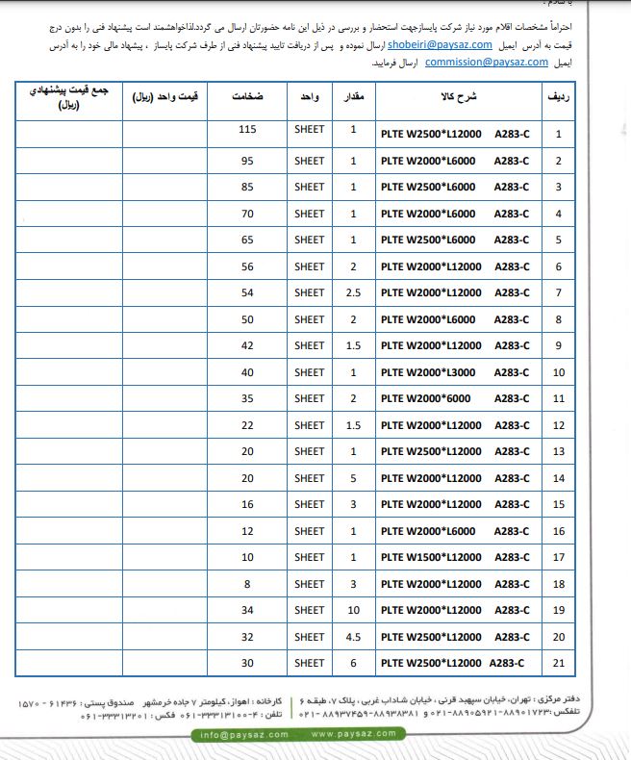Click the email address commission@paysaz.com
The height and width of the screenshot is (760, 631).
point(486,62)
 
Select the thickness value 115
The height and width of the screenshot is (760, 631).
point(247,129)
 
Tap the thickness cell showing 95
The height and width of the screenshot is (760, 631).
point(247,161)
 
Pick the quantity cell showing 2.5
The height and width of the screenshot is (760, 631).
point(353,292)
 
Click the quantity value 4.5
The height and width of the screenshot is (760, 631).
point(353,636)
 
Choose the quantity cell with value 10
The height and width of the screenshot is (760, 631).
point(353,610)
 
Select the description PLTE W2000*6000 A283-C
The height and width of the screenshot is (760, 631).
point(455,399)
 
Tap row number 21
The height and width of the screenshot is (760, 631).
point(559,663)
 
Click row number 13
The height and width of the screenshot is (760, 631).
point(559,452)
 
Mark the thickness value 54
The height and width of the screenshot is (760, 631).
point(247,292)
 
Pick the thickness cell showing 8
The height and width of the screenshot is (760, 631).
point(247,583)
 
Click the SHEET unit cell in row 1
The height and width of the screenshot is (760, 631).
point(310,129)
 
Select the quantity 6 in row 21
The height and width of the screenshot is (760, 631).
point(353,662)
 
